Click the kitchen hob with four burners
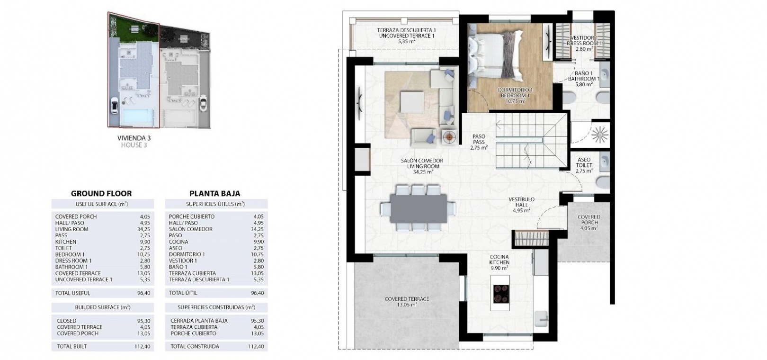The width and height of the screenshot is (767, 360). click(500, 293)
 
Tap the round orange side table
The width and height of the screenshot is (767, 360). click(449, 137)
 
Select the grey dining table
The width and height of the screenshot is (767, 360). click(418, 208)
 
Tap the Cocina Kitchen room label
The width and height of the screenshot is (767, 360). click(499, 262)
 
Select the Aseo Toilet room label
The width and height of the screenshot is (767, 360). click(584, 165)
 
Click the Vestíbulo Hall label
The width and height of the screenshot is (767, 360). click(521, 205)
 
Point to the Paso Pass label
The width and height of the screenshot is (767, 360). click(479, 142)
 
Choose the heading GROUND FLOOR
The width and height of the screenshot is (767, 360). click(101, 194)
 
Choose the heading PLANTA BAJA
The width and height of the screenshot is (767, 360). click(214, 194)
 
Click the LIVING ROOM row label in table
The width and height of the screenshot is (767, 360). click(71, 229)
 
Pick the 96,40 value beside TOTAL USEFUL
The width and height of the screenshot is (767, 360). click(143, 293)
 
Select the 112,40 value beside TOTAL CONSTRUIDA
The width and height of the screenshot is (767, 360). click(256, 346)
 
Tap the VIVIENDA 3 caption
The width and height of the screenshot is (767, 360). click(134, 138)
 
